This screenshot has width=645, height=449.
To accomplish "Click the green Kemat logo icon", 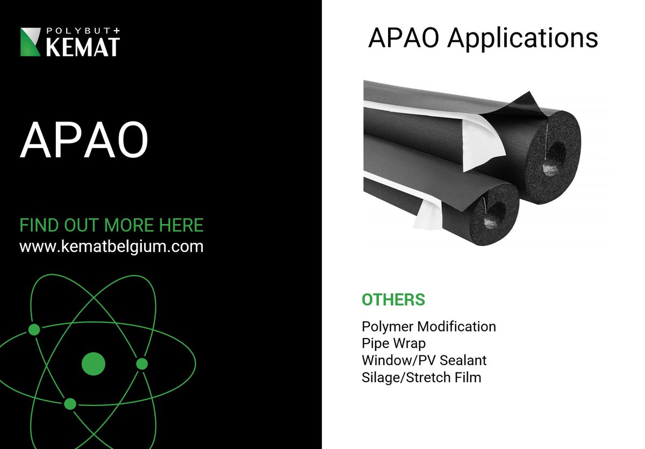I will click(x=31, y=43).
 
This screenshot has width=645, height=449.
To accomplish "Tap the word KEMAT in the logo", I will click(x=82, y=47).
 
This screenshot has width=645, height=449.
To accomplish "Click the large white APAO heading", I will click(x=84, y=139).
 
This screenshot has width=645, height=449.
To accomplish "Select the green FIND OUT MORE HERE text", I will click(x=111, y=225).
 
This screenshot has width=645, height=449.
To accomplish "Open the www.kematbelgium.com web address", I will click(x=111, y=247).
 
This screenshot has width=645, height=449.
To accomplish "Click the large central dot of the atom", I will click(x=93, y=363).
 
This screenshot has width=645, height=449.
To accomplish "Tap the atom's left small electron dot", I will click(x=34, y=329).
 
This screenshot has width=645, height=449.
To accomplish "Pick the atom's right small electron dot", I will click(x=142, y=364).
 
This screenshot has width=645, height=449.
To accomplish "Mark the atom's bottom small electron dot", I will click(x=70, y=403).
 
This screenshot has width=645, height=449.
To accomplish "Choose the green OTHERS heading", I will click(x=393, y=300).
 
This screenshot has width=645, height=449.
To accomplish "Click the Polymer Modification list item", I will click(x=428, y=326).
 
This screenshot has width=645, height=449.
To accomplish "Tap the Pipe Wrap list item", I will click(x=393, y=343).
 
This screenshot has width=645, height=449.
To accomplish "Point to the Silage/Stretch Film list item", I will click(x=421, y=377).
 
